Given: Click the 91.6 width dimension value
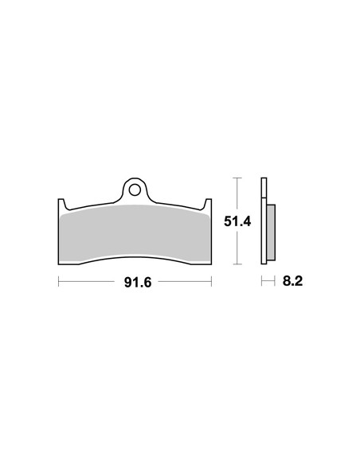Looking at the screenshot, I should click(x=135, y=281).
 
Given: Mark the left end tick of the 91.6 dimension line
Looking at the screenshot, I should click(x=58, y=281).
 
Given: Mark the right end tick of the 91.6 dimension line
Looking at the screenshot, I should click(x=211, y=281).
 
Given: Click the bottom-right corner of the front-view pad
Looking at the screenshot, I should click(x=209, y=262).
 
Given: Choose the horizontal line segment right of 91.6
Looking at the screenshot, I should click(x=183, y=281).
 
